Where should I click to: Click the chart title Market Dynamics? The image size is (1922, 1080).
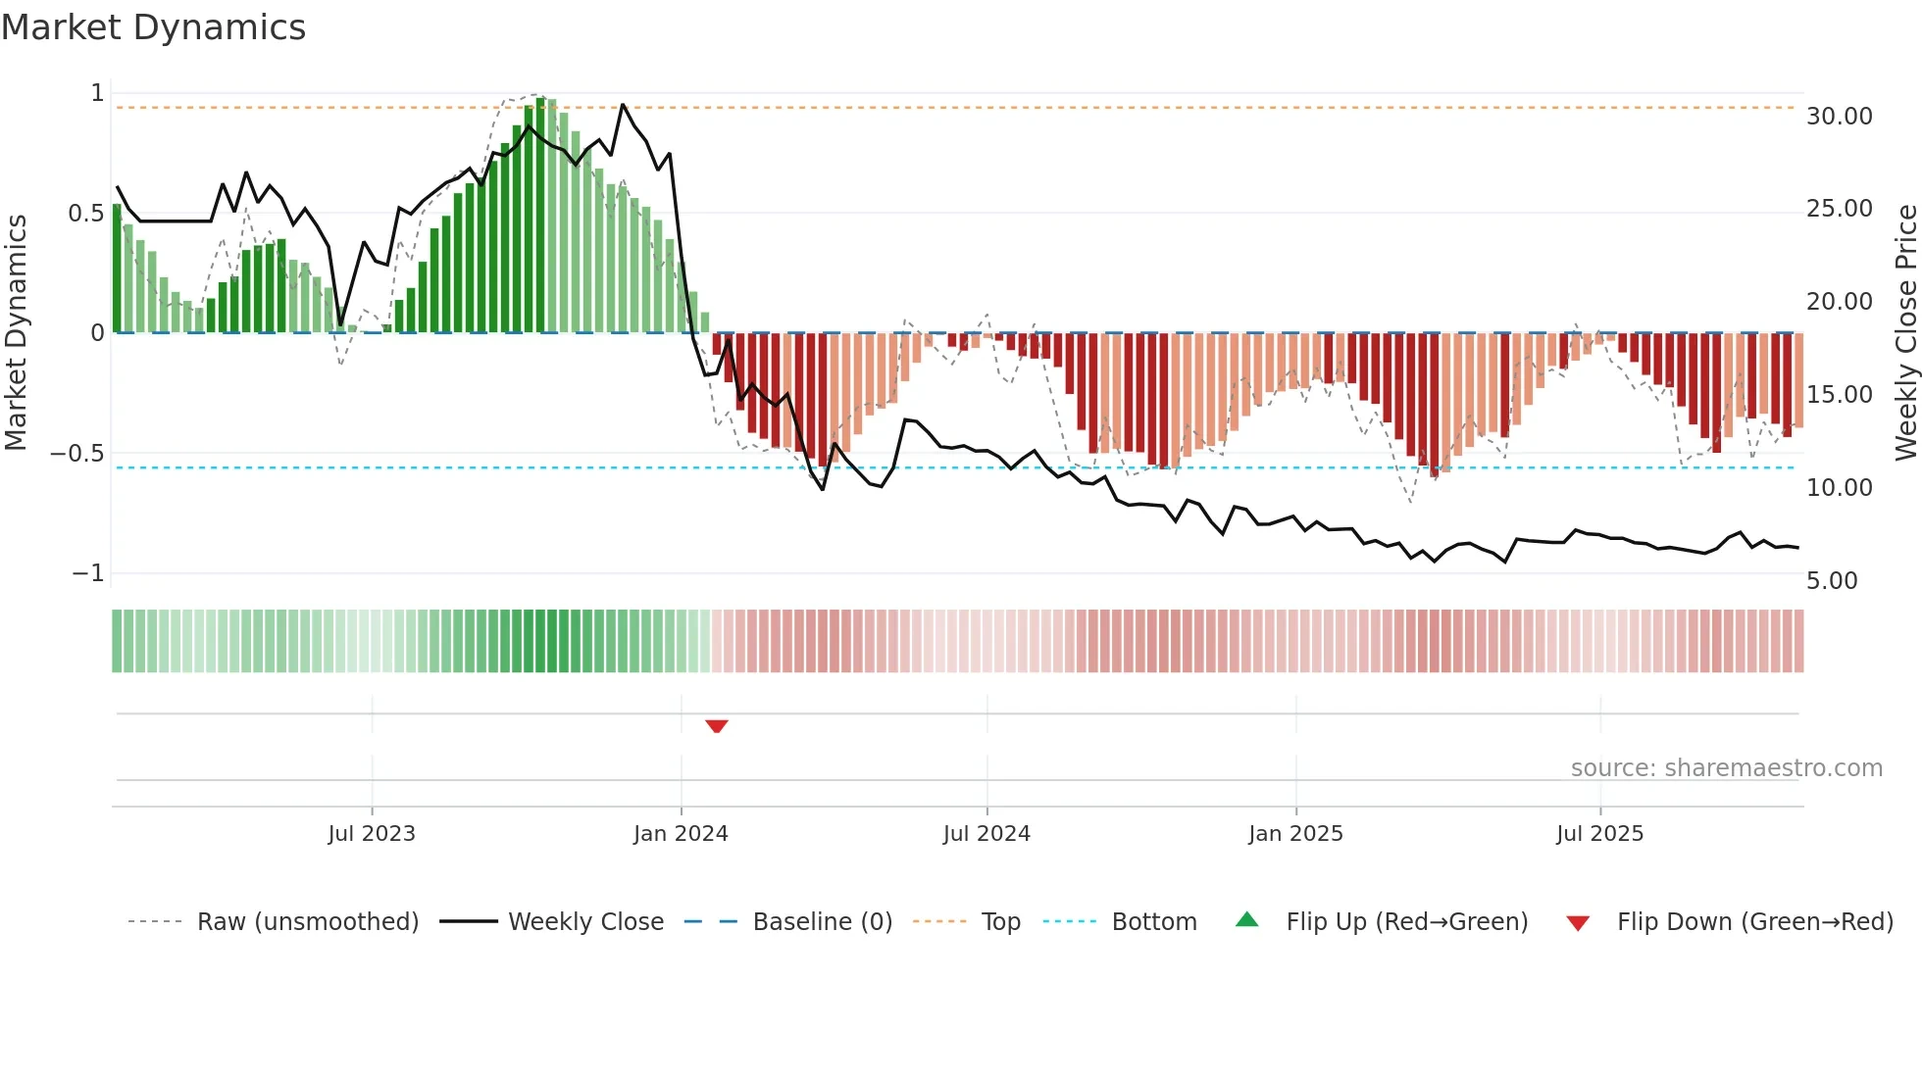[x=153, y=27]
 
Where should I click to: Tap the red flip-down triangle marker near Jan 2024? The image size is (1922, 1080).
[x=717, y=726]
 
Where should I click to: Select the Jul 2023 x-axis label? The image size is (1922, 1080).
[x=372, y=834]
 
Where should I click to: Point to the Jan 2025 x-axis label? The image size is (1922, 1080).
[x=1295, y=834]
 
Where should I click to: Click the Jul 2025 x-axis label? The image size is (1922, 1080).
[x=1599, y=834]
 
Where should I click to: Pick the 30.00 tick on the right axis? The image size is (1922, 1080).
[x=1839, y=117]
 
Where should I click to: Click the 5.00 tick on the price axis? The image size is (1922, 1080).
[x=1832, y=581]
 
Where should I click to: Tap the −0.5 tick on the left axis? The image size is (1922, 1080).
[x=76, y=454]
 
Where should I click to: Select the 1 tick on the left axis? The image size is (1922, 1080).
[x=97, y=93]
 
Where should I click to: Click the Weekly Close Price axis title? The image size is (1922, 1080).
[x=1905, y=333]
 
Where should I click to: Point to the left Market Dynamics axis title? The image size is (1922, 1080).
[x=16, y=333]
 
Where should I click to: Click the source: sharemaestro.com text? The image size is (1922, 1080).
[x=1726, y=768]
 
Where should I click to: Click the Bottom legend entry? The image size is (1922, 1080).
[x=1154, y=922]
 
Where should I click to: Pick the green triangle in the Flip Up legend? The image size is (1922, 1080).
[x=1246, y=919]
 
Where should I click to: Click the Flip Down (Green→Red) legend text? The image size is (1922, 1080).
[x=1754, y=922]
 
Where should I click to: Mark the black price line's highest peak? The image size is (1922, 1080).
[x=623, y=105]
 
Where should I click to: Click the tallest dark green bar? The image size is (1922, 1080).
[x=540, y=216]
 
